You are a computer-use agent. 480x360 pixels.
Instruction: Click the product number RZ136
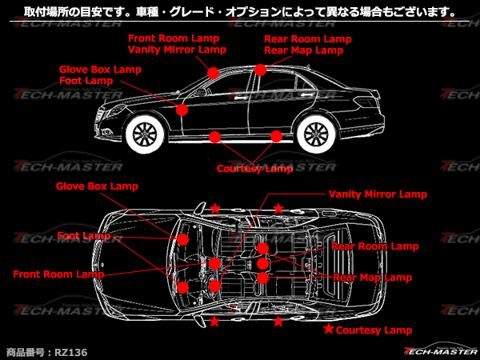[71, 352]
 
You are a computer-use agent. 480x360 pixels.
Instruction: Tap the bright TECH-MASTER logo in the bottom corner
[441, 350]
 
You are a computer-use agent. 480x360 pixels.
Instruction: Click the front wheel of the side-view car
[145, 134]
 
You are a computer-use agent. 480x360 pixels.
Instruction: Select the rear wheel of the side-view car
[316, 134]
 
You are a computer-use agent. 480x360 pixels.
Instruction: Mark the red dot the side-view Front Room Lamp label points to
[213, 73]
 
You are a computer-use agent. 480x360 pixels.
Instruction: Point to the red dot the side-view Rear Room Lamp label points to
[260, 70]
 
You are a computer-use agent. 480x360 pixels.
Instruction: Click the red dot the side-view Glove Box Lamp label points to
[182, 110]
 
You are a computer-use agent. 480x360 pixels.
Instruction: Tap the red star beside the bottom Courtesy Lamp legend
[329, 329]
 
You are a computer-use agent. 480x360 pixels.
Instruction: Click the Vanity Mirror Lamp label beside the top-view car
[378, 194]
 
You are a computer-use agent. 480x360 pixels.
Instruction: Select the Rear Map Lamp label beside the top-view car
[372, 278]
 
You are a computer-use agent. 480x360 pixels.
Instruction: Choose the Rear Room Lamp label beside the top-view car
[375, 246]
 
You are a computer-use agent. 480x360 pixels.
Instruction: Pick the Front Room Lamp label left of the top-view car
[58, 274]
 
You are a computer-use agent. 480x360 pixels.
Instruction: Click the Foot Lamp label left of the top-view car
[83, 236]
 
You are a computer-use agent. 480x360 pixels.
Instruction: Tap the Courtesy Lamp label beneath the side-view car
[254, 169]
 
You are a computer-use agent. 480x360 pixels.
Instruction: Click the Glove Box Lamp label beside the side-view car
[100, 70]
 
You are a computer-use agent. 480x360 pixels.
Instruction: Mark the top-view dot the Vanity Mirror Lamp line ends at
[214, 286]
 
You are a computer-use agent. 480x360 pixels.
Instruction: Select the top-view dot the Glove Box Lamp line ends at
[182, 240]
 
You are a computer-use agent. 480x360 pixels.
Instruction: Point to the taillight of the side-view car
[367, 102]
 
